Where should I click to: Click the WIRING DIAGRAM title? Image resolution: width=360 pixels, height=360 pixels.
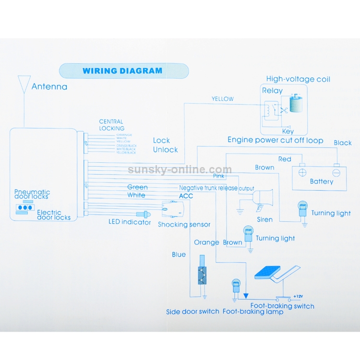[x=122, y=71]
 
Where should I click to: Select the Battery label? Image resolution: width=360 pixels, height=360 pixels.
[x=321, y=181]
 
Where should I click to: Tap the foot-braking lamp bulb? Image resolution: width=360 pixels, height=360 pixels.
[x=236, y=286]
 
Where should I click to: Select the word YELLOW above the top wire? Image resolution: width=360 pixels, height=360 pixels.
[x=223, y=99]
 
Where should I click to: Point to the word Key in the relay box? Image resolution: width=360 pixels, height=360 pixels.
[x=288, y=131]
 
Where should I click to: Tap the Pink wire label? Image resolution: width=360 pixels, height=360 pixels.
[x=218, y=176]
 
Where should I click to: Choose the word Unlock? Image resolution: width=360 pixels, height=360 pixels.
[x=165, y=150]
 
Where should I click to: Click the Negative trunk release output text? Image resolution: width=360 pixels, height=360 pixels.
[x=216, y=188]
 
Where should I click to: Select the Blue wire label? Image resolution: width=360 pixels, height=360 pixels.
[x=179, y=254]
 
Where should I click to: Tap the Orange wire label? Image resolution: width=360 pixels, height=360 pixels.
[x=206, y=242]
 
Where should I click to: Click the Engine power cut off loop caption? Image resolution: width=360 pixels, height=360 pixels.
[x=275, y=140]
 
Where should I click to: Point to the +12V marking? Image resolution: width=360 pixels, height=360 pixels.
[x=298, y=296]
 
